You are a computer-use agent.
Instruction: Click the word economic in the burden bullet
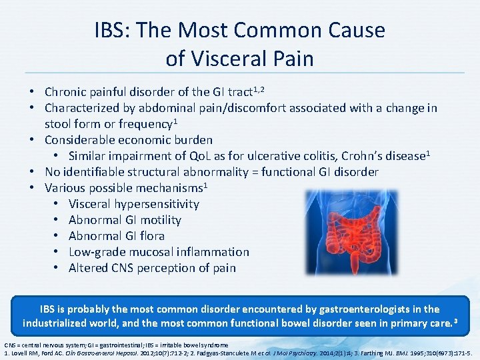pos(145,140)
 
